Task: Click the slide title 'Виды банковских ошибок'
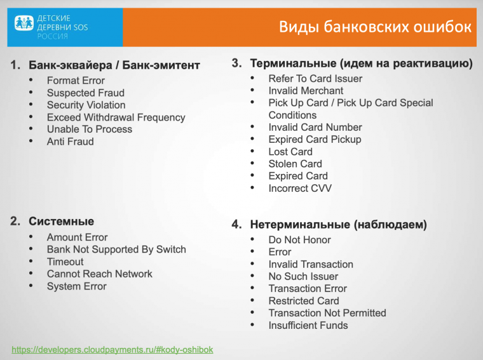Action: click(375, 27)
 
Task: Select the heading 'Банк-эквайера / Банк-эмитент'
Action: click(114, 65)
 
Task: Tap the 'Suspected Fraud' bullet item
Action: click(85, 93)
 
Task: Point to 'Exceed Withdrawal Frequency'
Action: click(116, 117)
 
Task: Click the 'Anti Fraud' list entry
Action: click(70, 142)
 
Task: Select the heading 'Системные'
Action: click(61, 222)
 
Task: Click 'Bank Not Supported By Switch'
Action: click(116, 250)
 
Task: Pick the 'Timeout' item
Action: click(65, 262)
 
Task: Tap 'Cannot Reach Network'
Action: click(99, 274)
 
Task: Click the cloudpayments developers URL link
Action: click(112, 349)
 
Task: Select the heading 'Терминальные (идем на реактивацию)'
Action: click(361, 63)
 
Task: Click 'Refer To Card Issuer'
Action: click(315, 79)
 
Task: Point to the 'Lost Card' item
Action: click(290, 152)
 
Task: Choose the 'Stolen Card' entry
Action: click(295, 164)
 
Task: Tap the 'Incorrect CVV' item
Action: click(300, 188)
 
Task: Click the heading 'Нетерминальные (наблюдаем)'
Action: click(338, 225)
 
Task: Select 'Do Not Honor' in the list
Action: click(299, 240)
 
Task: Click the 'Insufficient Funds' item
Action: click(308, 325)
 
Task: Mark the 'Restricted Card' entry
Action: click(304, 301)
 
